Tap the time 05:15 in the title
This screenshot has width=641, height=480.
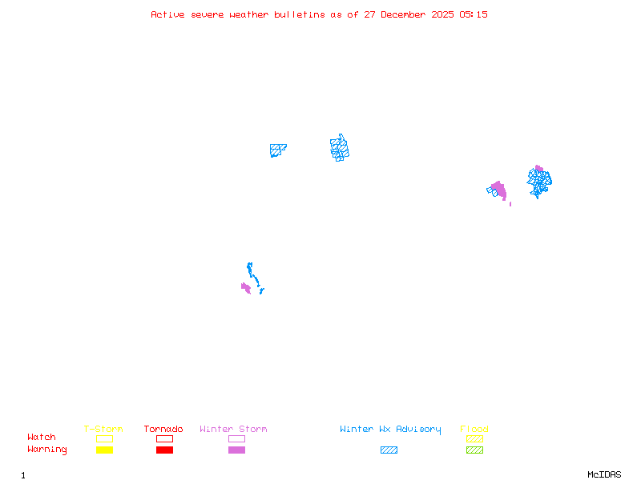(474, 14)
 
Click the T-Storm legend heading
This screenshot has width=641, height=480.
(103, 429)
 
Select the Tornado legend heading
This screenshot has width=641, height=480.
(163, 429)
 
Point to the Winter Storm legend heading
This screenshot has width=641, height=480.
(233, 429)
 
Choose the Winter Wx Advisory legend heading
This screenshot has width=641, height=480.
(390, 429)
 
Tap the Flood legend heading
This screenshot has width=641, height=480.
(474, 429)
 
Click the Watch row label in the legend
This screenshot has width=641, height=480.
(42, 438)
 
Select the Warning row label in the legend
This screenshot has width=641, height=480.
(47, 450)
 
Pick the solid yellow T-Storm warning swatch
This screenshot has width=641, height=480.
(104, 450)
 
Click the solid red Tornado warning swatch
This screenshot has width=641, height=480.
(164, 450)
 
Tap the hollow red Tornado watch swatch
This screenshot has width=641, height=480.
(164, 438)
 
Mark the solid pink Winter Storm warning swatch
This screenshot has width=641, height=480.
(236, 450)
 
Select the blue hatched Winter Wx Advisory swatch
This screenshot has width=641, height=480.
(389, 450)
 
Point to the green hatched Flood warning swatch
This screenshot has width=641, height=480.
(474, 450)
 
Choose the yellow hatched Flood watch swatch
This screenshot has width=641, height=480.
(474, 438)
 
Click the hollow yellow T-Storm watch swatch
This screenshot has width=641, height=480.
(104, 438)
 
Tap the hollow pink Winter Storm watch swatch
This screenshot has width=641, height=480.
(236, 438)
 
